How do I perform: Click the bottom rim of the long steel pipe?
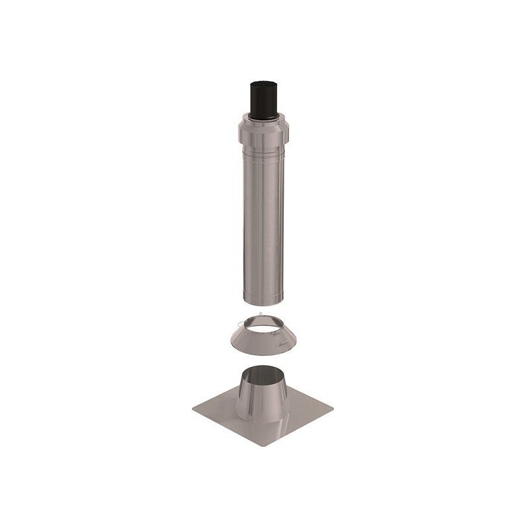[x=263, y=304]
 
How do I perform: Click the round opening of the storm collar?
[x=263, y=321]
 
